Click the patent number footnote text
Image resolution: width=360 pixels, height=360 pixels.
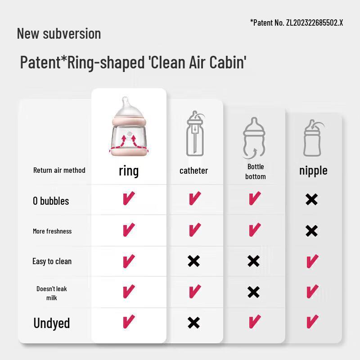pos(297,22)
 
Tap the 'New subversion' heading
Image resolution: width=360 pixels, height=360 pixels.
pos(59,33)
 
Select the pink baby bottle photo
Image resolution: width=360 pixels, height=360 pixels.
pos(129,127)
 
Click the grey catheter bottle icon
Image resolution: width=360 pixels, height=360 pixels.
pos(195,134)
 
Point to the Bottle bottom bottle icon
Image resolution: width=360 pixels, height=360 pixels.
pos(254,138)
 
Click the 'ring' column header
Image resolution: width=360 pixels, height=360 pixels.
pos(129,171)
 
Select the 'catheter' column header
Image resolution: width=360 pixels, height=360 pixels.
pos(193,171)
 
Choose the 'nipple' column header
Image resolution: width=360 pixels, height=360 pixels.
pos(313,171)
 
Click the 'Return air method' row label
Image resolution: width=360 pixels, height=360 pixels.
pos(59,170)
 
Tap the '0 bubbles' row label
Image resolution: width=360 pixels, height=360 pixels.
pos(51,201)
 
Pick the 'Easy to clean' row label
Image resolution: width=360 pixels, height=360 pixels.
pos(52,261)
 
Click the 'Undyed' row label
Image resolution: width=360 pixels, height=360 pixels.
pos(52,323)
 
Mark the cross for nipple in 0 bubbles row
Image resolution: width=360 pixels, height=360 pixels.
pos(311,199)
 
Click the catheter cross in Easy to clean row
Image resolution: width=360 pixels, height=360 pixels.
pos(193,261)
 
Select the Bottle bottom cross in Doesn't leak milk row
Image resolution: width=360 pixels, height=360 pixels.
pos(253,292)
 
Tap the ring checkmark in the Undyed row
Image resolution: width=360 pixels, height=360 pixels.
pos(129,321)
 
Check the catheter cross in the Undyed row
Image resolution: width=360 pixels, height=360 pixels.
pos(193,323)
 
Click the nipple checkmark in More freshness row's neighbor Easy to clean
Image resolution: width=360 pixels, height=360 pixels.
pos(312,261)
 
